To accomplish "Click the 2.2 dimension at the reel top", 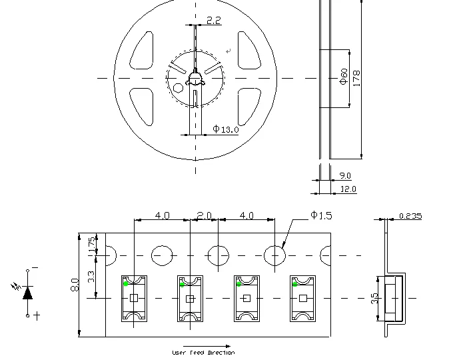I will point(213,21).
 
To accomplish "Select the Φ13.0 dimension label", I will point(226,129).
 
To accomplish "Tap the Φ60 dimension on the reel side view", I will point(344,77).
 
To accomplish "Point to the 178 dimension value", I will point(356,78).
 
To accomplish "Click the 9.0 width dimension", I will point(345,176).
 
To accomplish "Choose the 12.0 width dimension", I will point(348,189).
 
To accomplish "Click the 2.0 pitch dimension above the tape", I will point(204,216).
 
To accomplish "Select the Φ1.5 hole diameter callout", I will point(320,215).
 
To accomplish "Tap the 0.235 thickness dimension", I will point(410,216).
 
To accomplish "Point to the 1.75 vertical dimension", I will point(92,243).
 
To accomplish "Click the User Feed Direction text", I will point(203,353).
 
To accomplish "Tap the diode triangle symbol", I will point(27,293).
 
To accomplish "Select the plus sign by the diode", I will point(37,315).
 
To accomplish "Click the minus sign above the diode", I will point(35,268).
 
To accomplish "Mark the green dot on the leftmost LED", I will point(125,283).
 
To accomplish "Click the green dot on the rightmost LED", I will point(294,284).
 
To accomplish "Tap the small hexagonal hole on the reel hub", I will point(178,87).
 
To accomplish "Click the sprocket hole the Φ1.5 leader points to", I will point(274,255).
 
